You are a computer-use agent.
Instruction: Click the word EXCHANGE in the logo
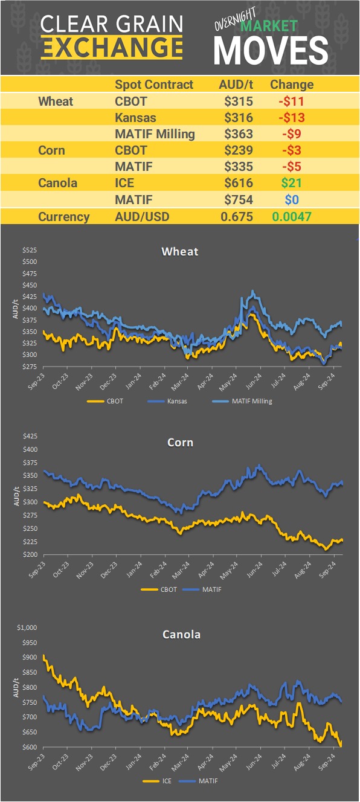[x=112, y=47]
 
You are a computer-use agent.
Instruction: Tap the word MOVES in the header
[x=271, y=50]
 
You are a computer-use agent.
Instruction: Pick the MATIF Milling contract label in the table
[x=155, y=133]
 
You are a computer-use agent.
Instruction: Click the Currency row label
[x=63, y=217]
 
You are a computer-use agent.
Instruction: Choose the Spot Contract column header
[x=154, y=85]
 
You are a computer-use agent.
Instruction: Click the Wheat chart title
[x=179, y=251]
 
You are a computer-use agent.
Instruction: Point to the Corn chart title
[x=180, y=443]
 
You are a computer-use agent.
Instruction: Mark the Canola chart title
[x=181, y=634]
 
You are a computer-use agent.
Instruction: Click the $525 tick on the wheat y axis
[x=30, y=250]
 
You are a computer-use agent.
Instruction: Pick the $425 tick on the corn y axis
[x=30, y=435]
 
